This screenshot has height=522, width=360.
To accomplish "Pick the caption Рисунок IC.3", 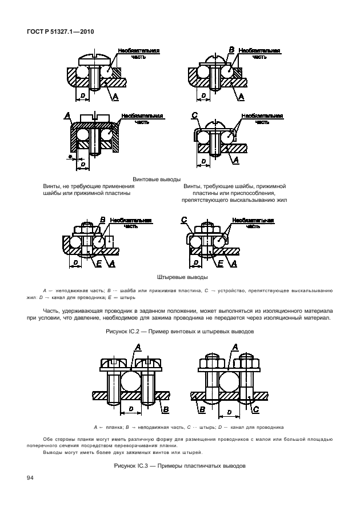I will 179,466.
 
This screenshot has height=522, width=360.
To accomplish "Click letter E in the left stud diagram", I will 99,263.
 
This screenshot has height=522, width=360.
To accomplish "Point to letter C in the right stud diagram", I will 184,220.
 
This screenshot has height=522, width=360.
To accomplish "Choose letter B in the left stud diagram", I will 102,219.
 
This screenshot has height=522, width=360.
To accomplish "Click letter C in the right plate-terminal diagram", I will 255,409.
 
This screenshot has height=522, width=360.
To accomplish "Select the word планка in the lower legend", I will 112,427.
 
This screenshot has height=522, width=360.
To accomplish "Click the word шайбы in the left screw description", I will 53,193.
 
